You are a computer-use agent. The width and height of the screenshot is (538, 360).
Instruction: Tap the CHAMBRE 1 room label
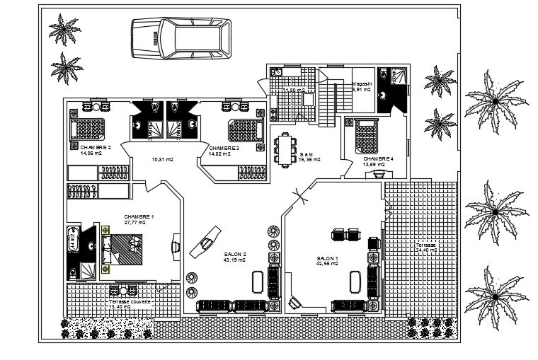click(139, 216)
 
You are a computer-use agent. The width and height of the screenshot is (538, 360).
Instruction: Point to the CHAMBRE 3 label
click(224, 148)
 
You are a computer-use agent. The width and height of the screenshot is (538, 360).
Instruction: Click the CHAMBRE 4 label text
click(377, 159)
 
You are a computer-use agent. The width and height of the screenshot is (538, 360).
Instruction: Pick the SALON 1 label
click(328, 258)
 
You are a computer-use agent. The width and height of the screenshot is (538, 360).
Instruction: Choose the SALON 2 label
click(235, 255)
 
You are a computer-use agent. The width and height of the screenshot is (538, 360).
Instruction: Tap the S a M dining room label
click(307, 154)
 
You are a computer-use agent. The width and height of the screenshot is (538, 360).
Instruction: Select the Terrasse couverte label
click(130, 301)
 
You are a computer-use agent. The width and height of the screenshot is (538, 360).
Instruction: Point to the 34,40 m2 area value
click(427, 250)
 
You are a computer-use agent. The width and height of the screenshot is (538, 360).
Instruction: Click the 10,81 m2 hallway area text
click(163, 160)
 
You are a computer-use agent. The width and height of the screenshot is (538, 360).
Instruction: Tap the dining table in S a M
click(285, 149)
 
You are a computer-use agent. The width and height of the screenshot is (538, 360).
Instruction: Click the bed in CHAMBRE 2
click(89, 128)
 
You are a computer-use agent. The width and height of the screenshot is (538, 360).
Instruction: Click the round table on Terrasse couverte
click(123, 291)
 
